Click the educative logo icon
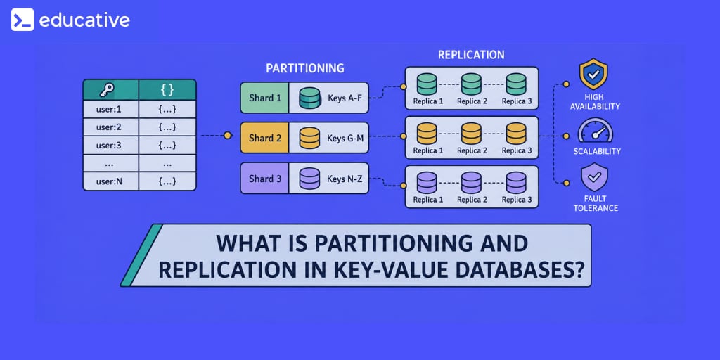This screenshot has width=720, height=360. [22, 20]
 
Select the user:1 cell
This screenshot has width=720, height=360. [110, 109]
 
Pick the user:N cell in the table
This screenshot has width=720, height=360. [110, 181]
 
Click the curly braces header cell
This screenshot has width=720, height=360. [167, 89]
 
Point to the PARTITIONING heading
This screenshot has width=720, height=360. [305, 68]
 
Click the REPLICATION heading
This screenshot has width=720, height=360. [471, 55]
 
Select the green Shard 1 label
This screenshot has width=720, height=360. [264, 98]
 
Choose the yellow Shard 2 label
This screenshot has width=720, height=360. [264, 138]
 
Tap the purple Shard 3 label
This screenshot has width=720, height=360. [264, 178]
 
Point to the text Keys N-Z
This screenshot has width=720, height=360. [345, 178]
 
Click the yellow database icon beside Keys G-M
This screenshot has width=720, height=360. [309, 138]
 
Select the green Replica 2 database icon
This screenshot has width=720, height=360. [471, 84]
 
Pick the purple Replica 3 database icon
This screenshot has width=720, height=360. [515, 182]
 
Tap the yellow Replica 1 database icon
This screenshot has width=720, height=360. [427, 133]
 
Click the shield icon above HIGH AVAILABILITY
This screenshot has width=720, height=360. [593, 73]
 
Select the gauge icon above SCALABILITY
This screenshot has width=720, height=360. [596, 130]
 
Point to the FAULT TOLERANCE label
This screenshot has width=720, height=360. [595, 203]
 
